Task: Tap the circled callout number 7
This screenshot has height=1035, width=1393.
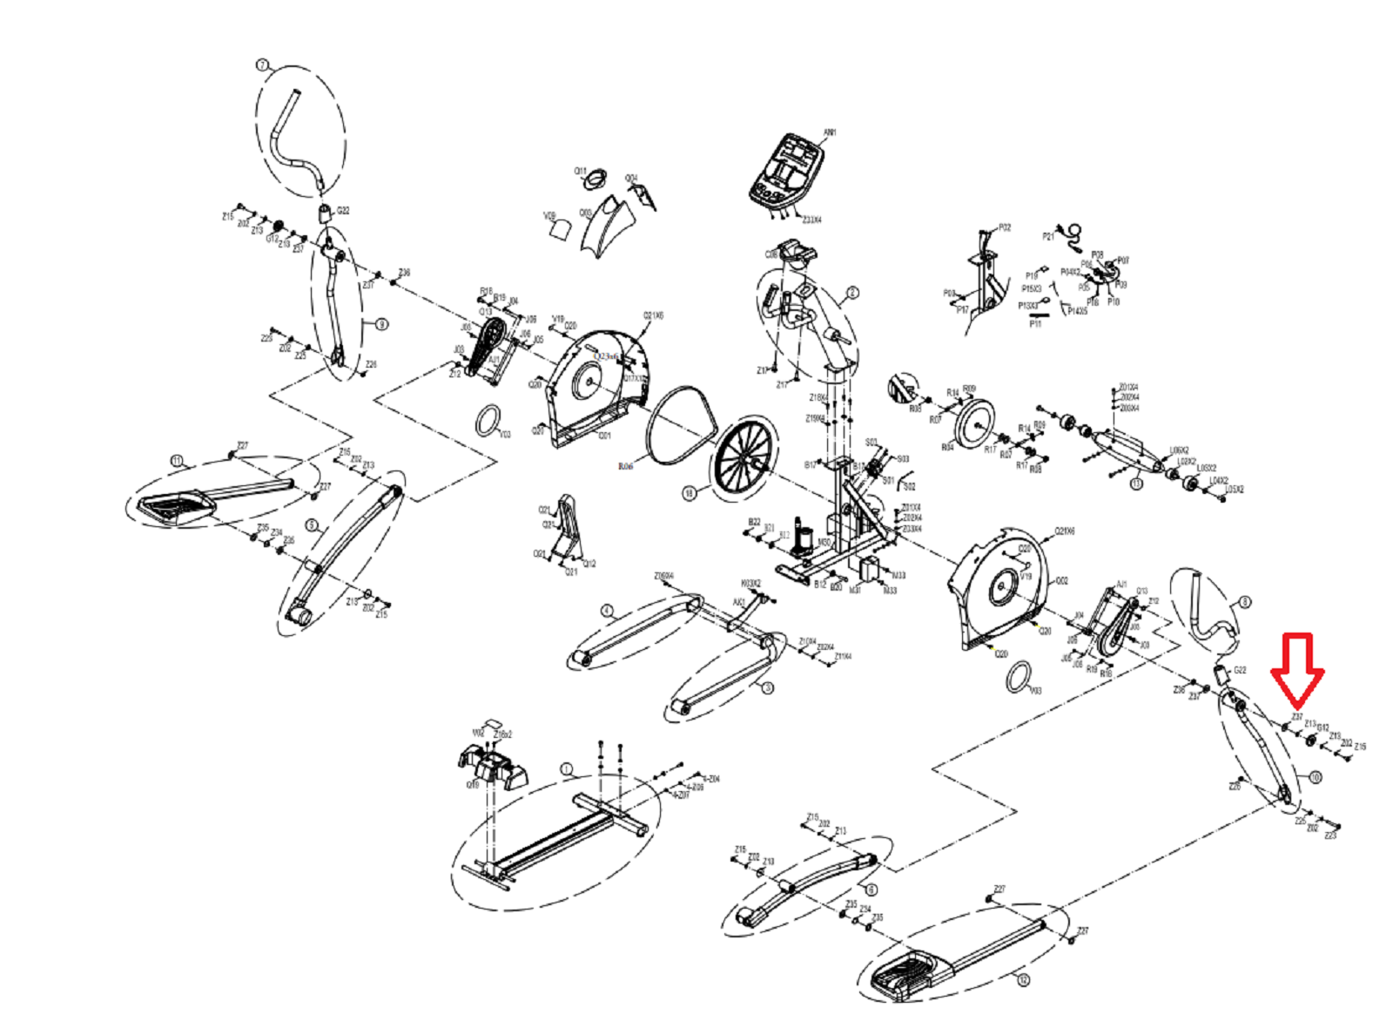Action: click(x=262, y=65)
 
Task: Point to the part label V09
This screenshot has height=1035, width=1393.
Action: click(x=549, y=215)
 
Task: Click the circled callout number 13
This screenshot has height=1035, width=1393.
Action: click(x=1136, y=484)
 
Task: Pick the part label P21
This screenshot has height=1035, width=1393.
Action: click(x=1048, y=235)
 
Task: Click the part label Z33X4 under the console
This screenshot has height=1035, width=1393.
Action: click(x=811, y=220)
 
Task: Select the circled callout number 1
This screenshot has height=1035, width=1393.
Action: click(x=567, y=769)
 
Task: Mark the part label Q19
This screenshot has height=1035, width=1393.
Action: click(x=473, y=784)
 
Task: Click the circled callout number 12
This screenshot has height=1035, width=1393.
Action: click(x=1023, y=980)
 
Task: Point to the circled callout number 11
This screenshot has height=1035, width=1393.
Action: click(x=177, y=460)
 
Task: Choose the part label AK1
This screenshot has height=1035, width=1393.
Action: click(x=738, y=603)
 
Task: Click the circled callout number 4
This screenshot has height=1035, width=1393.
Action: click(x=607, y=611)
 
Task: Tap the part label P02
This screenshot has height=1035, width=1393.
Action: click(x=1005, y=227)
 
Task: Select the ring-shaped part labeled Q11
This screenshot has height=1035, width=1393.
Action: click(x=595, y=181)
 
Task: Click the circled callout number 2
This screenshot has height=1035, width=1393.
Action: click(x=852, y=293)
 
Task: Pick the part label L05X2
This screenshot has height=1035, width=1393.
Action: click(x=1235, y=490)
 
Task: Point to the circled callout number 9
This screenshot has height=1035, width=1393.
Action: click(x=380, y=324)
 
